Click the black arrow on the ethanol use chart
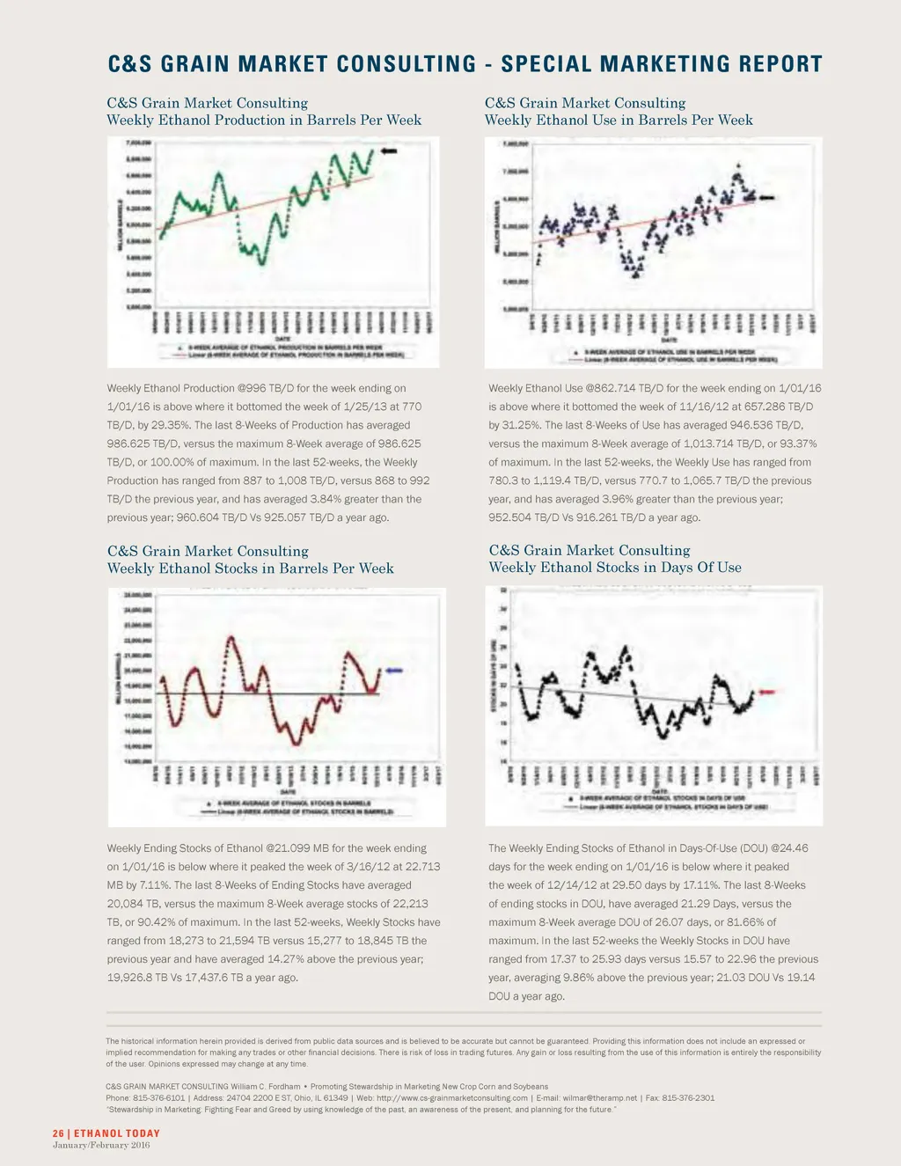coord(765,198)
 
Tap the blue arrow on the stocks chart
coord(392,671)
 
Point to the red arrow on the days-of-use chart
coord(766,693)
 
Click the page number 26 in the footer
coord(58,1133)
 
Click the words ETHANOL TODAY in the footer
coord(117,1133)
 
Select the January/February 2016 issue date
coord(101,1145)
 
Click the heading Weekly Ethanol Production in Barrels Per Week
coord(264,121)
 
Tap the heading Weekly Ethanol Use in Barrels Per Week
coord(619,121)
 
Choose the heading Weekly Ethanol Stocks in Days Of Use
coord(615,568)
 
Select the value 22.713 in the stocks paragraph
coord(419,867)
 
